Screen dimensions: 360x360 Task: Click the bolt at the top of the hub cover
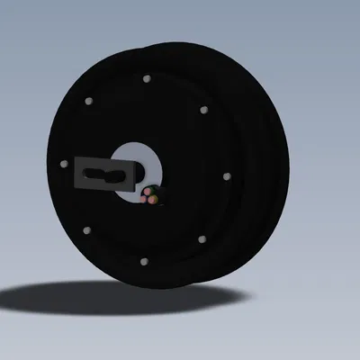pyautogui.click(x=146, y=79)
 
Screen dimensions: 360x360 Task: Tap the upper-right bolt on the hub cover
pyautogui.click(x=203, y=110)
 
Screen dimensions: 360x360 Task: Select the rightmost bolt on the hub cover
pyautogui.click(x=226, y=175)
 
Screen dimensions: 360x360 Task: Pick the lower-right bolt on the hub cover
pyautogui.click(x=202, y=239)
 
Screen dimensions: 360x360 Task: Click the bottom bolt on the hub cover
pyautogui.click(x=144, y=262)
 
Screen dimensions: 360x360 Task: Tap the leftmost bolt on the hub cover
pyautogui.click(x=63, y=164)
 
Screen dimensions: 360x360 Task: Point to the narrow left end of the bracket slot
pyautogui.click(x=97, y=173)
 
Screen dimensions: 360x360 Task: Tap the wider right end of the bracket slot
pyautogui.click(x=119, y=172)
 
